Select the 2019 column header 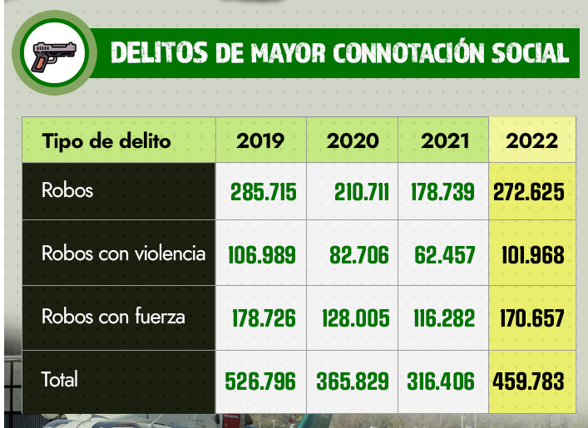(x=260, y=140)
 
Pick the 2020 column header (x=352, y=140)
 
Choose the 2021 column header (x=445, y=140)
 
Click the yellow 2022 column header (x=532, y=140)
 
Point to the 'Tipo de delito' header (x=106, y=140)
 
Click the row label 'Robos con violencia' (x=123, y=253)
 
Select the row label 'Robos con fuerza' (x=113, y=317)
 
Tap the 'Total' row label (x=60, y=380)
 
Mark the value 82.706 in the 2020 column (x=355, y=255)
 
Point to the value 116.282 (x=445, y=318)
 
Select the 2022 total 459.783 (x=529, y=381)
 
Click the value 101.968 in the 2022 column (x=532, y=255)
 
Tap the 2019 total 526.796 (x=261, y=381)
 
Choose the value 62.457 (x=445, y=255)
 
